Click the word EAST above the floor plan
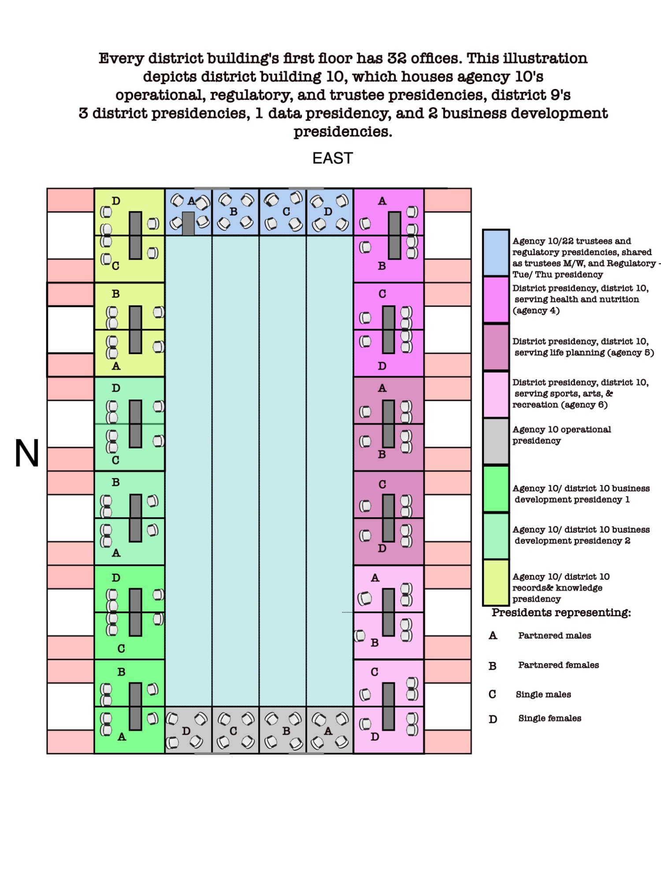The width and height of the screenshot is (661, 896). [333, 158]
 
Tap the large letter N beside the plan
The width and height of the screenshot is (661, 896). [27, 453]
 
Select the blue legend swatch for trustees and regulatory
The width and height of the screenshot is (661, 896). [496, 253]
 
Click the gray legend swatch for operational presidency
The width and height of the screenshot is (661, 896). [496, 441]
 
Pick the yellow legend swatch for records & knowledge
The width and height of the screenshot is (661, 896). [496, 582]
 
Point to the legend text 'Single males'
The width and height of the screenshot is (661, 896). [543, 694]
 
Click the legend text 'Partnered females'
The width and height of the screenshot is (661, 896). [558, 665]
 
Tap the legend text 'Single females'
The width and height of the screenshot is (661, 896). [550, 718]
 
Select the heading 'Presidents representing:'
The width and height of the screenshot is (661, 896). [561, 612]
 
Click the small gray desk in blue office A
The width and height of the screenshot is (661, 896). [188, 223]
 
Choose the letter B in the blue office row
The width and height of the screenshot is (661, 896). [234, 212]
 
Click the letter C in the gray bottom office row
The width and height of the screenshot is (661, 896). [234, 731]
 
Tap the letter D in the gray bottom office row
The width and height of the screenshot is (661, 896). [186, 731]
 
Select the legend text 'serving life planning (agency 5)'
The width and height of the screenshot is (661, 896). [584, 352]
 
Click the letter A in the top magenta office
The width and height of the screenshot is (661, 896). [382, 201]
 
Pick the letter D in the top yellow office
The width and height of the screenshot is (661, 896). [116, 201]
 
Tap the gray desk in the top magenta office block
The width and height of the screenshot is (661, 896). [394, 235]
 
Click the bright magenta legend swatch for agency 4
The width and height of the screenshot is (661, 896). [496, 300]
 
